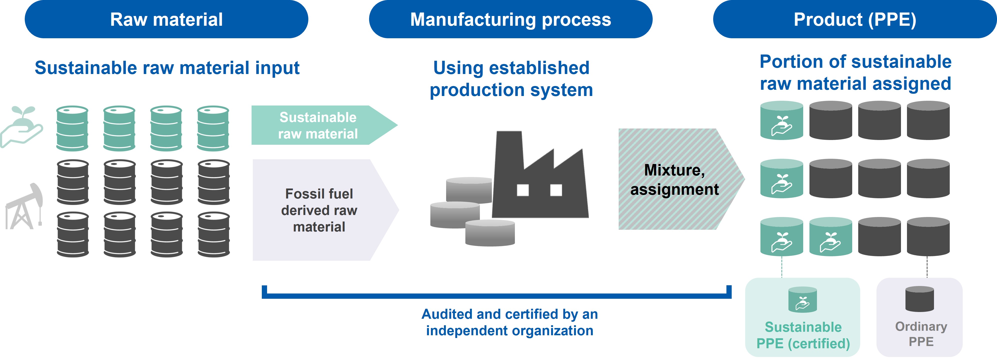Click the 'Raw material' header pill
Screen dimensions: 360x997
[167, 19]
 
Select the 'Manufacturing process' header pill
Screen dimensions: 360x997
[510, 19]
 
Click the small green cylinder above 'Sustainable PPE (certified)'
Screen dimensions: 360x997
[803, 299]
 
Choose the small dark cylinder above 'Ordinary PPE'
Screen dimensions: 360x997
[919, 299]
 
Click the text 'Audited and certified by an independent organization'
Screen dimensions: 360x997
[510, 322]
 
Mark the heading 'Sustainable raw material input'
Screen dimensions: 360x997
[167, 68]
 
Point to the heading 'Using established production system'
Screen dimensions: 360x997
[511, 78]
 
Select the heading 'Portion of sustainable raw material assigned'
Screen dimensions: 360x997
[855, 73]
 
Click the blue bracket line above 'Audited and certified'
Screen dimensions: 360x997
[497, 296]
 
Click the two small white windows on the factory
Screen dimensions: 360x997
[540, 190]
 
